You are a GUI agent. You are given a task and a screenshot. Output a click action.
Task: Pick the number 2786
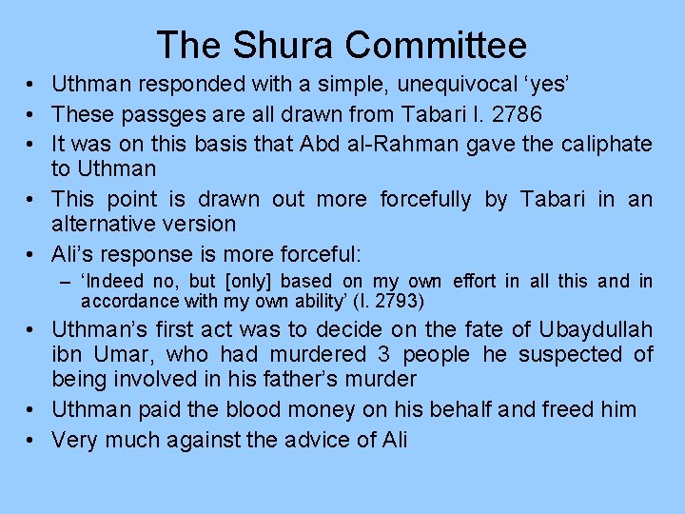click(x=525, y=114)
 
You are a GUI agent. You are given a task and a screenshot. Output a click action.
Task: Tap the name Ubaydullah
click(x=596, y=330)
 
